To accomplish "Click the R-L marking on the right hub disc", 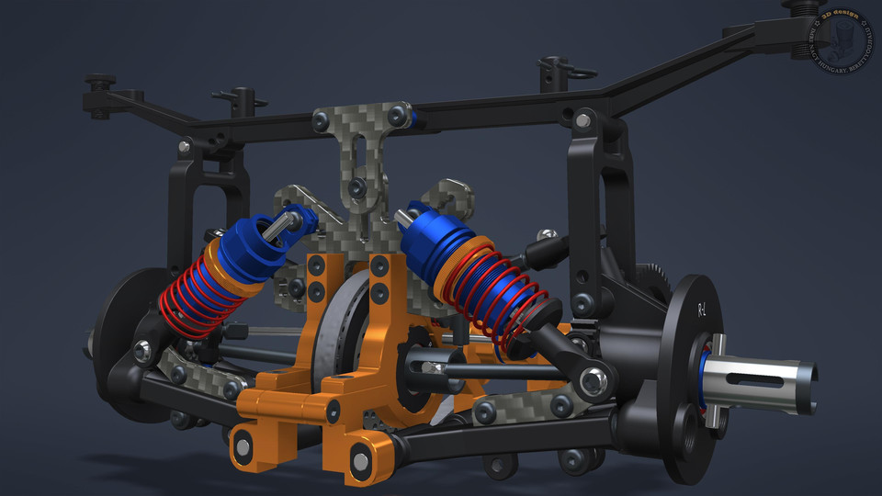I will point(703,310).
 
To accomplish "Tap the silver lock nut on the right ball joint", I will point(594,378).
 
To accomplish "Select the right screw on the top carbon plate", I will point(398,114).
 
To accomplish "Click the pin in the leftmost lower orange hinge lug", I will point(243,447).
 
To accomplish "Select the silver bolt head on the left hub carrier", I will point(142,349).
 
